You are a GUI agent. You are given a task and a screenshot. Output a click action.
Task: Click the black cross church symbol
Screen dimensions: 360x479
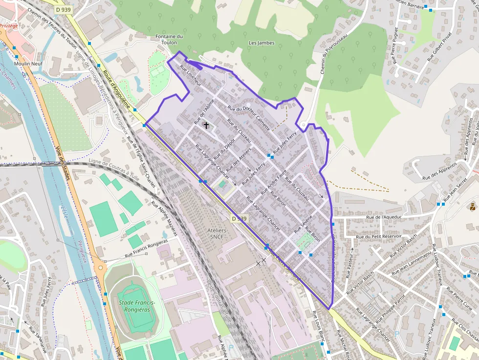(x=206, y=126)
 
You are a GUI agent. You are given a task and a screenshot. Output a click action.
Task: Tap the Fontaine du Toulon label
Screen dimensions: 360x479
(x=169, y=39)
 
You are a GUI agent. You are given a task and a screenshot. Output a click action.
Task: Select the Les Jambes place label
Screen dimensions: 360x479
(x=261, y=43)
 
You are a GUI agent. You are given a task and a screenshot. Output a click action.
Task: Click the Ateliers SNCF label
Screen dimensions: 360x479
(x=217, y=233)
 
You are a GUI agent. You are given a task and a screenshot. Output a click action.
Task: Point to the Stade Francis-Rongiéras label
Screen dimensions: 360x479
(x=137, y=306)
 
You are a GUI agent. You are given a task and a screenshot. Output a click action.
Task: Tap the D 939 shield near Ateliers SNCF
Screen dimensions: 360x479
(x=239, y=218)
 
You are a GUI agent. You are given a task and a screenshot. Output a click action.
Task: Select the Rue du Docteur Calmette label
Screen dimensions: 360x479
(x=249, y=118)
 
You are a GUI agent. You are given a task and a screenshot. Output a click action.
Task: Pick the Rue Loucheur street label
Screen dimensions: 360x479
(x=191, y=76)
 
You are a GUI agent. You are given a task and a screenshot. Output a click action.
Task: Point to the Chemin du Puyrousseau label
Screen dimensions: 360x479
(x=334, y=54)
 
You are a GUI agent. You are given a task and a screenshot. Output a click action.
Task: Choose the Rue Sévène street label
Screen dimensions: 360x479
(x=303, y=225)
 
